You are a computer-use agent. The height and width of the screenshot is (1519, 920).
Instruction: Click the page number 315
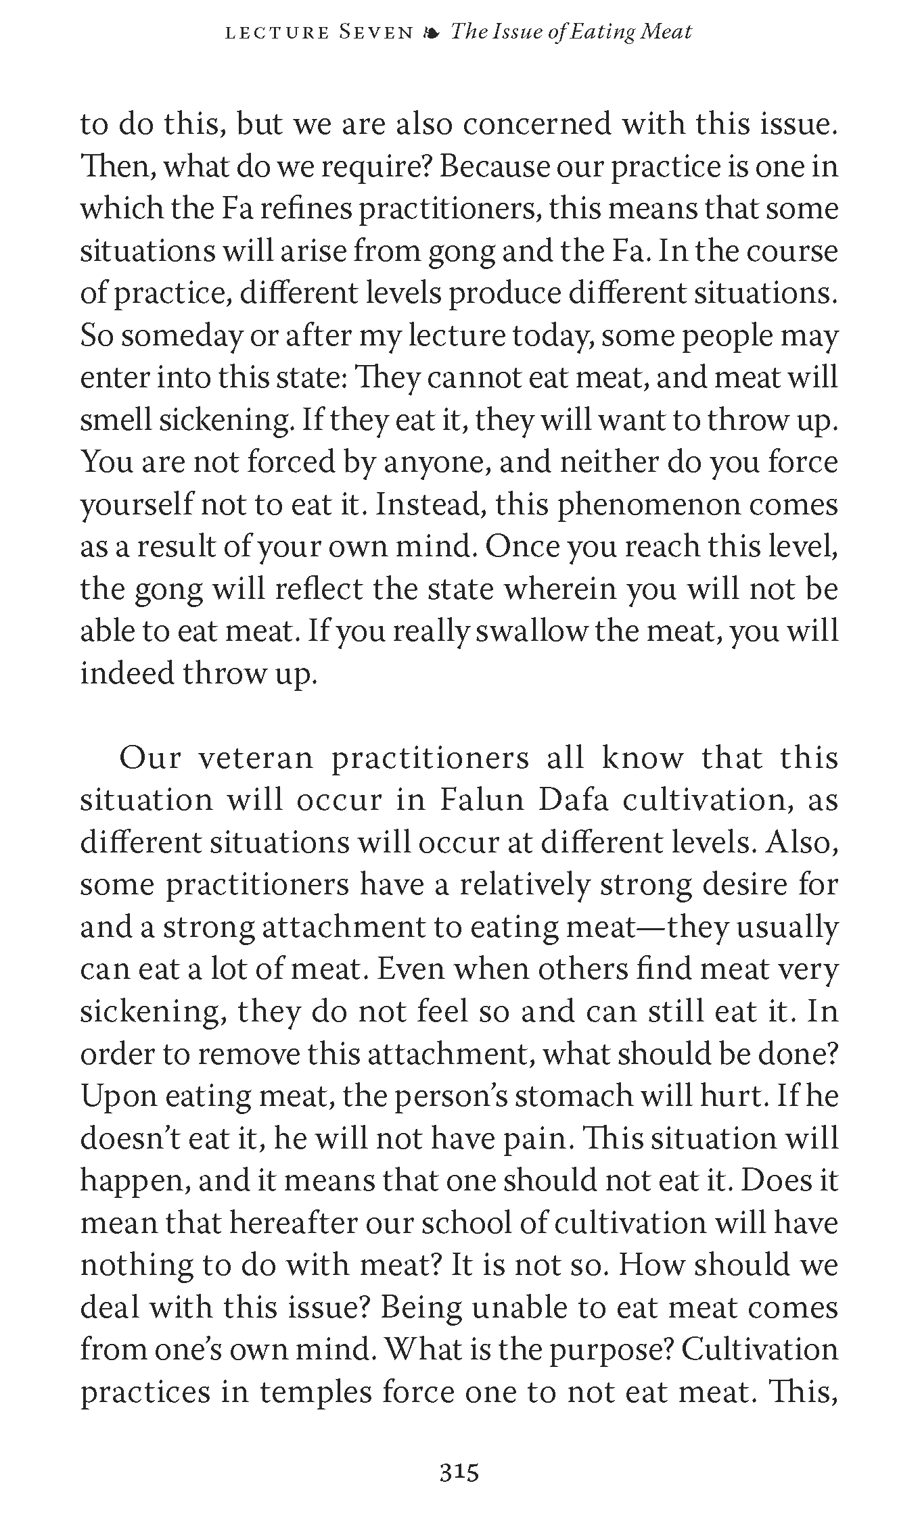click(x=459, y=1472)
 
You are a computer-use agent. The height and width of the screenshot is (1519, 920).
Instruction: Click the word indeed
click(x=125, y=674)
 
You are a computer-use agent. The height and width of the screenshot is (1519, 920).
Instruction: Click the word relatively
click(x=524, y=885)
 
